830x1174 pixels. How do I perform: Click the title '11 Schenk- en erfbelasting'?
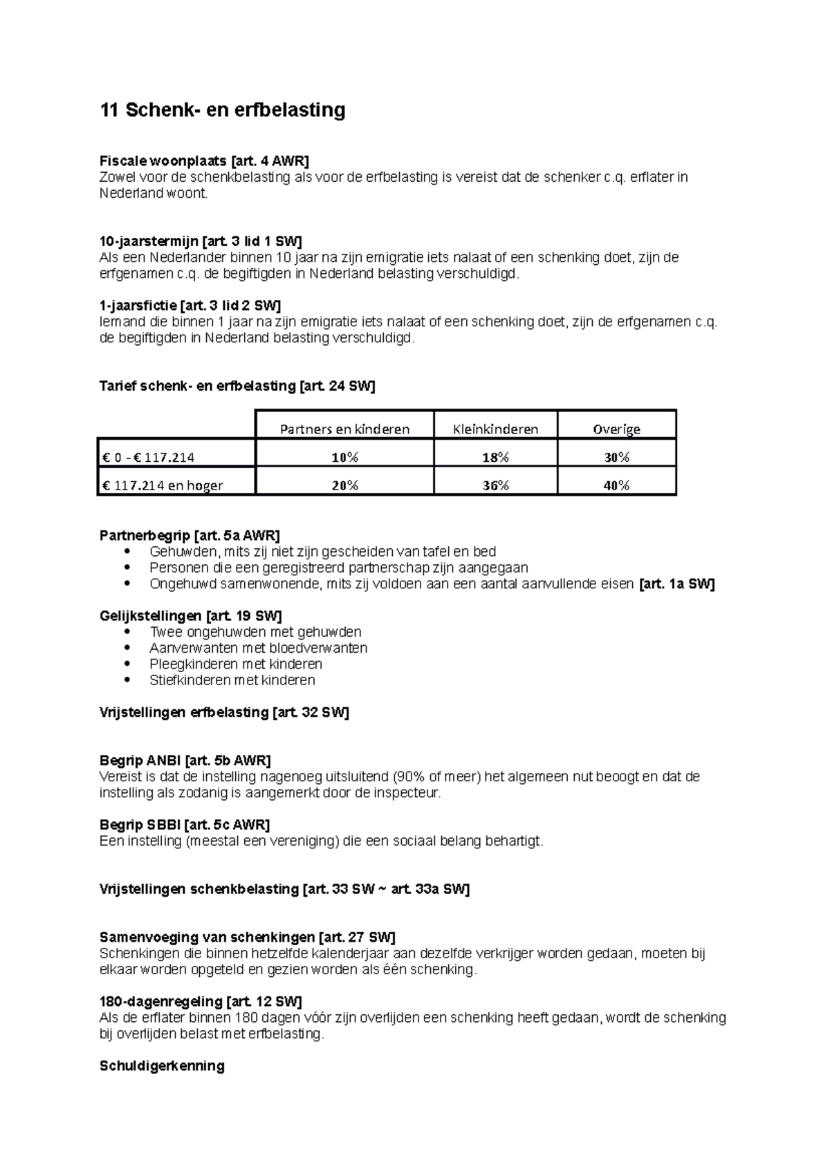tap(222, 111)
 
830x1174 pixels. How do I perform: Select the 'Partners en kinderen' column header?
tap(344, 429)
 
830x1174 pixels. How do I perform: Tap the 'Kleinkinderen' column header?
tap(495, 429)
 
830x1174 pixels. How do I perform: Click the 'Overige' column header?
tap(616, 429)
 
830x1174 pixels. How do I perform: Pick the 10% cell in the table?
tap(344, 458)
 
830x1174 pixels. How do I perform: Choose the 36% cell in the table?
tap(495, 485)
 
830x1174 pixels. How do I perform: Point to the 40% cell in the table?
tap(616, 485)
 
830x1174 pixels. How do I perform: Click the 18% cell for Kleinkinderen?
tap(495, 458)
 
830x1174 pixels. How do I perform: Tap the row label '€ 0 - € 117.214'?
tap(148, 458)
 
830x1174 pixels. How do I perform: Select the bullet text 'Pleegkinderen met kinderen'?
tap(236, 664)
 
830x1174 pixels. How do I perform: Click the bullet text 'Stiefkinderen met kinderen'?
tap(232, 680)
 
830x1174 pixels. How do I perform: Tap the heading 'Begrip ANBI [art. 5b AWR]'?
tap(185, 761)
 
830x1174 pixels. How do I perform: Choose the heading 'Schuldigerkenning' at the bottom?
tap(162, 1065)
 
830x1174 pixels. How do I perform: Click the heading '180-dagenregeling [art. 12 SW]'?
tap(201, 1002)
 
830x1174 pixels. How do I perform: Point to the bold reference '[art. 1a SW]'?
tap(677, 584)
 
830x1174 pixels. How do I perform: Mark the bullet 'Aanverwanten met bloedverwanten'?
tap(258, 649)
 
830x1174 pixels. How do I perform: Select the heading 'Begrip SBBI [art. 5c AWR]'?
tap(185, 825)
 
